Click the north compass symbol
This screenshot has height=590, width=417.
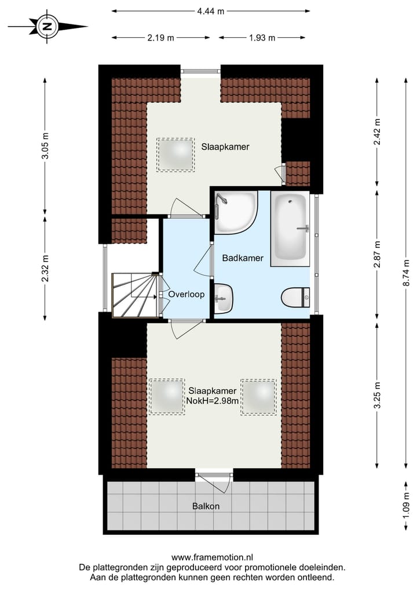[47, 26]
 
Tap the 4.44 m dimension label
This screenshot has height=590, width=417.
[210, 11]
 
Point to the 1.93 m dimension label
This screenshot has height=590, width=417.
[262, 38]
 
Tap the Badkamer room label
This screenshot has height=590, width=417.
[243, 259]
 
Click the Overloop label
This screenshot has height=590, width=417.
[186, 294]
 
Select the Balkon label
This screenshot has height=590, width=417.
[206, 506]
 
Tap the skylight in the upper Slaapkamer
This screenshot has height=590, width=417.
[175, 154]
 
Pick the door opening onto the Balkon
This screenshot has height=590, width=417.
[213, 476]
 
